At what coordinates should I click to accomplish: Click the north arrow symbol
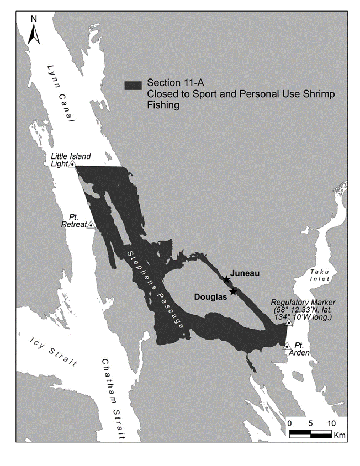(x=34, y=34)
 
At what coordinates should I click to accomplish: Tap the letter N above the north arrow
(x=34, y=19)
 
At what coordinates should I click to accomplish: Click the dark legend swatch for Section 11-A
(x=133, y=84)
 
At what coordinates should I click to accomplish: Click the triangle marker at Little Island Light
(x=72, y=164)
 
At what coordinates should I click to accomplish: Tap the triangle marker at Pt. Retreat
(x=91, y=225)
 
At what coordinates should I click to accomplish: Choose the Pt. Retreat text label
(x=78, y=221)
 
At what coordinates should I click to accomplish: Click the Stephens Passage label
(x=156, y=290)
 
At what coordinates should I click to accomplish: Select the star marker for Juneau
(x=226, y=280)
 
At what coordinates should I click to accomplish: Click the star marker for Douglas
(x=233, y=292)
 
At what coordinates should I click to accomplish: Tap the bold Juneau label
(x=245, y=273)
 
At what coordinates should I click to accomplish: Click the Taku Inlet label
(x=319, y=275)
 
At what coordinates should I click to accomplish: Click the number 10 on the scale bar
(x=331, y=423)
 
